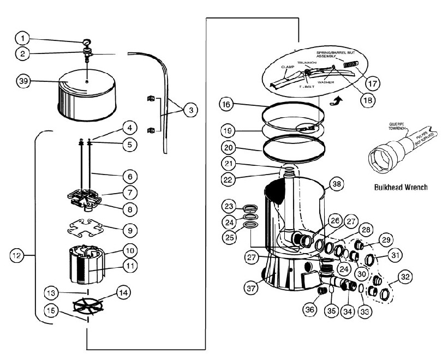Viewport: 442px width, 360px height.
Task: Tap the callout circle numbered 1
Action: [22, 38]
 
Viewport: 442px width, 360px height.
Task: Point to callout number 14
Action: [124, 293]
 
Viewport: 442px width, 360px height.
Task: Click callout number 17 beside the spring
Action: [373, 84]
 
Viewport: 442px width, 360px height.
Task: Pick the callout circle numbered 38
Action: [338, 184]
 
